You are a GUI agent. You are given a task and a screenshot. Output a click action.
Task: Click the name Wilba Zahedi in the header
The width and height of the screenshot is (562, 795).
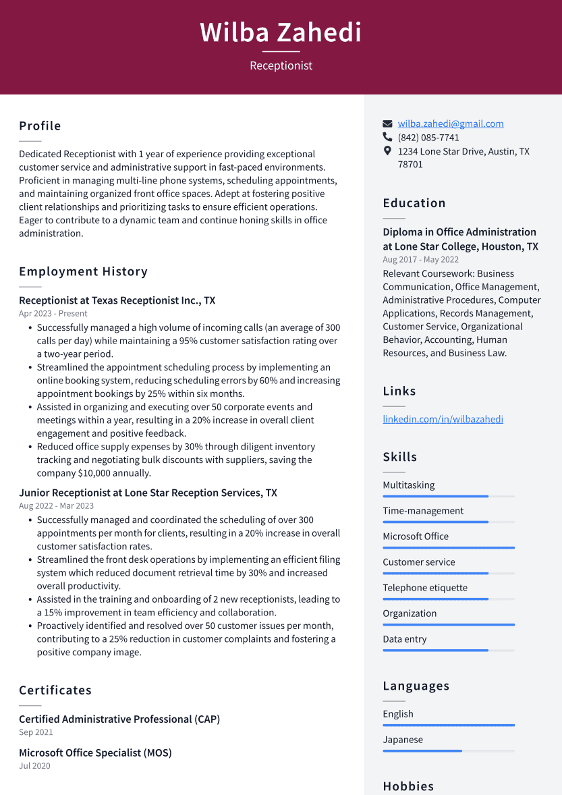[x=281, y=32]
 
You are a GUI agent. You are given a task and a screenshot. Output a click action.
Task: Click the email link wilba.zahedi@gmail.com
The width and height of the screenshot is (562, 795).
[x=450, y=124]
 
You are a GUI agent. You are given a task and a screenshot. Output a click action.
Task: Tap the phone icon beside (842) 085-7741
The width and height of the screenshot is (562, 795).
[x=387, y=137]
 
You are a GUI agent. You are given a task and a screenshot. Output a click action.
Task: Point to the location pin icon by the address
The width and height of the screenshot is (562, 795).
[x=387, y=151]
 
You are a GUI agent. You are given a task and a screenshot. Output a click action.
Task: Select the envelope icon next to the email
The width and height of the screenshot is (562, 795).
[x=387, y=124]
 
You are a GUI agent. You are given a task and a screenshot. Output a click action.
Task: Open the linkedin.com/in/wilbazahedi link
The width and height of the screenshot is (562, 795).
[x=443, y=419]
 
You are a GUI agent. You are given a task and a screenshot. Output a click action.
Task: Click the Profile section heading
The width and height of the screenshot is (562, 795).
[x=40, y=126]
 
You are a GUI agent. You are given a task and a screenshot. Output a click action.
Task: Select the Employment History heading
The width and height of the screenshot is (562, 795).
[x=83, y=272]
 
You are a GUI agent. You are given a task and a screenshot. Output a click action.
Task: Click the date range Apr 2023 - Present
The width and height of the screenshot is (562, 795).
[x=53, y=314]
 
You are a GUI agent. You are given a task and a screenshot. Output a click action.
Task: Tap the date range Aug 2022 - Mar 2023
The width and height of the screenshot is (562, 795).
[x=56, y=506]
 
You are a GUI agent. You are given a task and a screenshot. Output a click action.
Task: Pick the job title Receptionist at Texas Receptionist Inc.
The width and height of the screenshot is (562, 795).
[x=117, y=300]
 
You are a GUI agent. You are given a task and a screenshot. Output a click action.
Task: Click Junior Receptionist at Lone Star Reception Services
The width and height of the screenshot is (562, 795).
[x=148, y=493]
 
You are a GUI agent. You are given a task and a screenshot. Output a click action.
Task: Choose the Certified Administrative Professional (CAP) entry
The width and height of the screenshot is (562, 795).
[x=119, y=719]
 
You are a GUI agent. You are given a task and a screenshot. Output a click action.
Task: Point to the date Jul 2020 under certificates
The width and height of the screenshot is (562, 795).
[x=34, y=766]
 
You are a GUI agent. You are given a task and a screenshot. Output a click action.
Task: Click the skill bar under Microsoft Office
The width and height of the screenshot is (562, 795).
[x=449, y=548]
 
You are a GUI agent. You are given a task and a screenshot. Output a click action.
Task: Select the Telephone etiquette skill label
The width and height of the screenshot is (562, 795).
[x=424, y=588]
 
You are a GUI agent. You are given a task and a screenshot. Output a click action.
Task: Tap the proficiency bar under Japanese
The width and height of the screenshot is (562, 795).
[x=422, y=750]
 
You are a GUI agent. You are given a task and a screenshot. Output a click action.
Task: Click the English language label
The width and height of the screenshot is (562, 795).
[x=398, y=714]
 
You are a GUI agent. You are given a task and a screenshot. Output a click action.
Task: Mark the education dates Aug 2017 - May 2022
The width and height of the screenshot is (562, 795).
[x=420, y=260]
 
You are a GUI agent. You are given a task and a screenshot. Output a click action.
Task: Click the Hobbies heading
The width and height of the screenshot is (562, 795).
[x=408, y=786]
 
